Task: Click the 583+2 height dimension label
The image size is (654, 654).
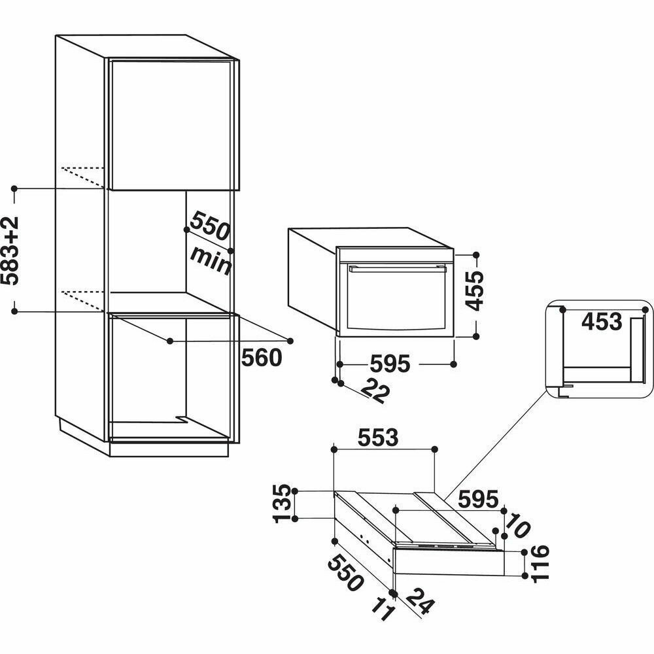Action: (12, 250)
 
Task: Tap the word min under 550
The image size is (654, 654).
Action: (211, 260)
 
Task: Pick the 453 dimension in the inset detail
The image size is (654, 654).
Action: (601, 322)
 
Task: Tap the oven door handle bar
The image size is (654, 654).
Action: (396, 267)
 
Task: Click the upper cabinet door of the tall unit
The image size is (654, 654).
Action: (171, 124)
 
